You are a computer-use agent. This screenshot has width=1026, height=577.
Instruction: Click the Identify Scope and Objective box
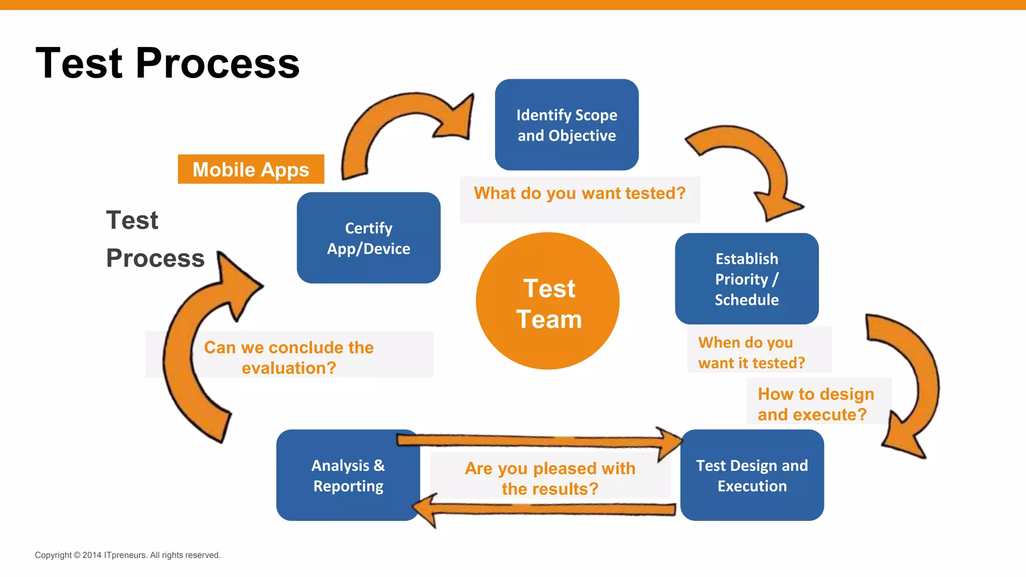pyautogui.click(x=567, y=125)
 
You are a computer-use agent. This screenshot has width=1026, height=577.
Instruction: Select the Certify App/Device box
pyautogui.click(x=368, y=238)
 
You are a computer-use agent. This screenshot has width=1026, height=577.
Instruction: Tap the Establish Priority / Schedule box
pyautogui.click(x=746, y=278)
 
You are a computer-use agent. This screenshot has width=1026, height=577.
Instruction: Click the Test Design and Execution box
pyautogui.click(x=751, y=475)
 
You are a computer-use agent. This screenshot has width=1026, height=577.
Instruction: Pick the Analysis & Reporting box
pyautogui.click(x=348, y=475)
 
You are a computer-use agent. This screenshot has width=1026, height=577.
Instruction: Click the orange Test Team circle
pyautogui.click(x=548, y=302)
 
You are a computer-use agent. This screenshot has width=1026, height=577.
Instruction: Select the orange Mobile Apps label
pyautogui.click(x=250, y=169)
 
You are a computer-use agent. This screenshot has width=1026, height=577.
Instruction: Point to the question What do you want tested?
pyautogui.click(x=580, y=193)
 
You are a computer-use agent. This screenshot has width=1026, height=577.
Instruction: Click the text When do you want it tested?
pyautogui.click(x=751, y=352)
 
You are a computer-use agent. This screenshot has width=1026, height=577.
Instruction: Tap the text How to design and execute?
pyautogui.click(x=815, y=404)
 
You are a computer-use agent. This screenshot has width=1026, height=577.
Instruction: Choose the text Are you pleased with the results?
pyautogui.click(x=550, y=478)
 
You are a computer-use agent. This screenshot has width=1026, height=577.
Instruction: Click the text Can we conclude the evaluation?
pyautogui.click(x=289, y=357)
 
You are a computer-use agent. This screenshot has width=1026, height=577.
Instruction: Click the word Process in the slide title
pyautogui.click(x=217, y=63)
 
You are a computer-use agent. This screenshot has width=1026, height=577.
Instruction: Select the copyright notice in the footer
pyautogui.click(x=127, y=555)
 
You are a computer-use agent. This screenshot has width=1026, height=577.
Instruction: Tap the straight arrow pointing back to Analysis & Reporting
pyautogui.click(x=546, y=509)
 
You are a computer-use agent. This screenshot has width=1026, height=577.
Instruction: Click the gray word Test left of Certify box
pyautogui.click(x=132, y=220)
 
